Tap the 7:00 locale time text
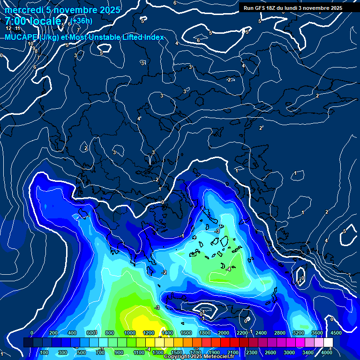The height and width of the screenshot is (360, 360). pyautogui.click(x=33, y=21)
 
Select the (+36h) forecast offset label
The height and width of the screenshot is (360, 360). pyautogui.click(x=82, y=21)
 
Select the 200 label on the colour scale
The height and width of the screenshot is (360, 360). pyautogui.click(x=52, y=333)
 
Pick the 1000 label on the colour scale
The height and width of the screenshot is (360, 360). pyautogui.click(x=130, y=333)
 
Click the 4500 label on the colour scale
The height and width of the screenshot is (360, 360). pyautogui.click(x=336, y=333)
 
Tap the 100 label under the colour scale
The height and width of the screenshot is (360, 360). pyautogui.click(x=44, y=352)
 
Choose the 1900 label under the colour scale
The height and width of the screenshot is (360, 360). pyautogui.click(x=214, y=352)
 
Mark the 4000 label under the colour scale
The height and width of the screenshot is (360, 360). pyautogui.click(x=327, y=352)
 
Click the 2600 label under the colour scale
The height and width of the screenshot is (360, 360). pyautogui.click(x=270, y=352)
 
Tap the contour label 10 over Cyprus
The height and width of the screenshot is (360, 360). pyautogui.click(x=301, y=278)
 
